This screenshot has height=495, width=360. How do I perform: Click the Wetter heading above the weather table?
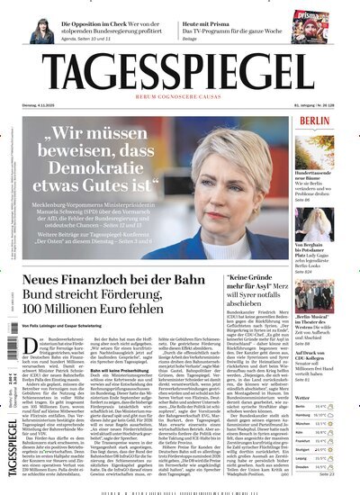click(306, 398)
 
